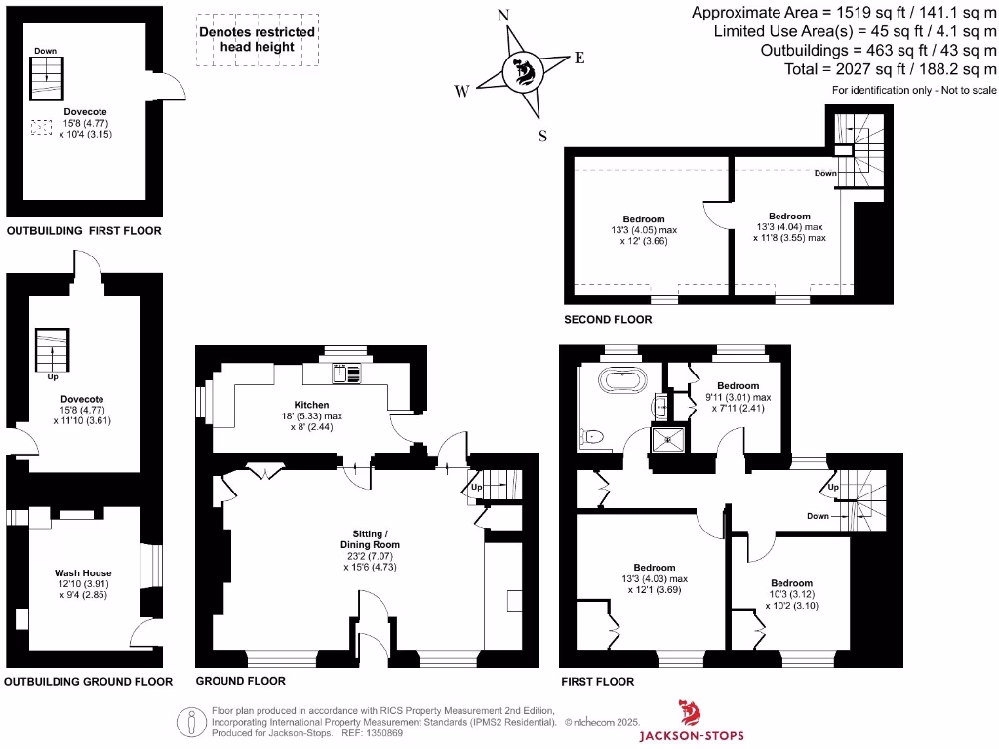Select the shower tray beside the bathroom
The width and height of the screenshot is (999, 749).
coord(668,439)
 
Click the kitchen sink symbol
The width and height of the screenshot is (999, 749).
coord(346,373)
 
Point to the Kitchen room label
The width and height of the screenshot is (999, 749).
coord(312,405)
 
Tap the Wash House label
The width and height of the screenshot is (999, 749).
coord(83,573)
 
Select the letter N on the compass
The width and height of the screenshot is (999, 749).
coord(504,16)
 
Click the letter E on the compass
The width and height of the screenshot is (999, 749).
coord(579,58)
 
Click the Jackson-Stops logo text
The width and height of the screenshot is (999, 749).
coord(697,735)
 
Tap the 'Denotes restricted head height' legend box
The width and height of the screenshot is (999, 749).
coord(257,39)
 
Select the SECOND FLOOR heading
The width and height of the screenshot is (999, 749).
coord(608,319)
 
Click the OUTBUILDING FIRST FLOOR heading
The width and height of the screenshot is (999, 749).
coord(84,231)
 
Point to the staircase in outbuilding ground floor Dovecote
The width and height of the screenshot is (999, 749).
coord(46,348)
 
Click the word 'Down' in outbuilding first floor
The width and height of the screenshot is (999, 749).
coord(45,51)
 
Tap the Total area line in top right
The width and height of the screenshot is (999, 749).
coord(890,69)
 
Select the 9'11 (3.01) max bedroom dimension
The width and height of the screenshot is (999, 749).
coord(738,397)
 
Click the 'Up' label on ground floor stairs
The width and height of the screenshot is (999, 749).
coord(477,487)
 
